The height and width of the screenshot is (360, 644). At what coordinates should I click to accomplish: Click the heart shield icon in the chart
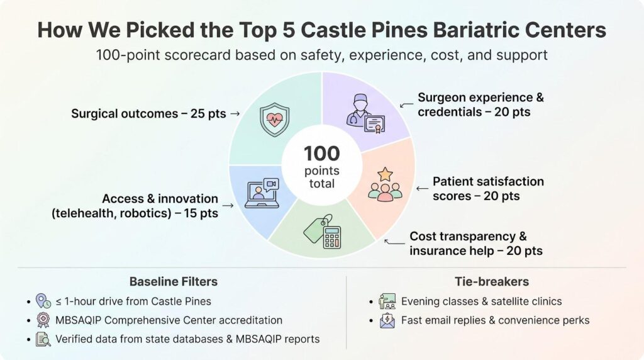point(274,120)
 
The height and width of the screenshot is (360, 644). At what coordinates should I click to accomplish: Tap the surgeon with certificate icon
point(365,114)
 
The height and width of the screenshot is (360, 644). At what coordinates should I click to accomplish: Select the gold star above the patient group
point(385,174)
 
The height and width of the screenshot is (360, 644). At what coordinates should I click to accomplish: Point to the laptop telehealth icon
point(262,193)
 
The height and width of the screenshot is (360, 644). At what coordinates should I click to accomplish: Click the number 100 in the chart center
point(321,154)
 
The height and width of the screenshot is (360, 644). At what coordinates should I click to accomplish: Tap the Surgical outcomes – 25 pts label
point(148,113)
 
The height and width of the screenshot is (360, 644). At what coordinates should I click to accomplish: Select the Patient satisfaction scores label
point(488,189)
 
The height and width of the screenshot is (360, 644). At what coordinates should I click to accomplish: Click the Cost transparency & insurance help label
point(476,244)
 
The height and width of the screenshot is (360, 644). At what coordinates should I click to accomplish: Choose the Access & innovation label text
point(135,205)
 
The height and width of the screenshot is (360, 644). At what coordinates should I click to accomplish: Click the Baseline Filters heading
point(174,281)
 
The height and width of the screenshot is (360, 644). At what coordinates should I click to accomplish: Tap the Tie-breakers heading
point(492,281)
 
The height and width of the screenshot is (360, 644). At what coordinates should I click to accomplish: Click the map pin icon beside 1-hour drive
point(43,301)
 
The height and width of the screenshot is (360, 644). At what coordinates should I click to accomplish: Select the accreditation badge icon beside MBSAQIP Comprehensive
point(43,320)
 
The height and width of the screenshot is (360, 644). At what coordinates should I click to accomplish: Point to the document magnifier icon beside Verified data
point(43,339)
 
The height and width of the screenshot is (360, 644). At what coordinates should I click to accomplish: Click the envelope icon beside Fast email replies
point(387,320)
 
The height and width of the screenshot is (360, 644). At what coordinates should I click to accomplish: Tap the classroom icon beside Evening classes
point(387,301)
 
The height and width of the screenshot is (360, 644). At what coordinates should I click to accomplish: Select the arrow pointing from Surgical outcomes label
point(235,113)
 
